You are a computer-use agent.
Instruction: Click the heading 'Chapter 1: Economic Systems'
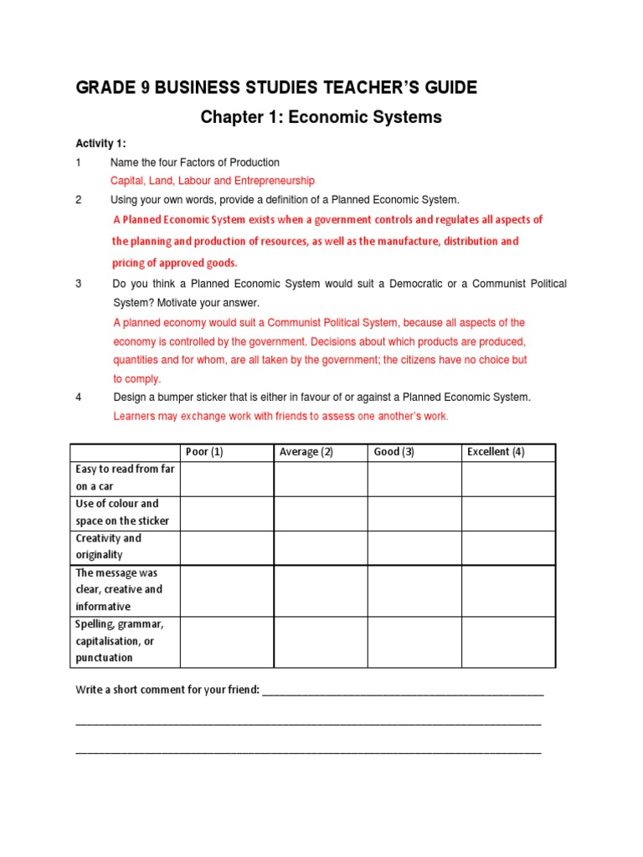pos(321,117)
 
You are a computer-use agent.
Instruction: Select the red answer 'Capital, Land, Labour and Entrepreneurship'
pos(213,180)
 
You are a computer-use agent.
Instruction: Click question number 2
pos(79,200)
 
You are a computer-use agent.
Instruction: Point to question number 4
pos(79,398)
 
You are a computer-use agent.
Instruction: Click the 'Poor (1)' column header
pos(204,452)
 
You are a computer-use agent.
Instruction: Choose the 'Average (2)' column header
pos(306,452)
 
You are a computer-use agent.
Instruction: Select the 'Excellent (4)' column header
pos(496,452)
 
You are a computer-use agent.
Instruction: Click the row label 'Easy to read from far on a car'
pos(125,478)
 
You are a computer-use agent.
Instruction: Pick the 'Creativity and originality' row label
pos(109,547)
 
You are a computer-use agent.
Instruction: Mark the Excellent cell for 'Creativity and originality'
pos(507,547)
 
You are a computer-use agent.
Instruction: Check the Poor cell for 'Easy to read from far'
pos(227,479)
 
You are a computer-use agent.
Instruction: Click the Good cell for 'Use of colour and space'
pos(414,513)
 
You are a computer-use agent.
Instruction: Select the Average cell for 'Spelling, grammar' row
pos(320,642)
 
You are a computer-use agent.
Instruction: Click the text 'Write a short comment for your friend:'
pos(168,690)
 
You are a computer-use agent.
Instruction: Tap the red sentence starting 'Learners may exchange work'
pos(280,416)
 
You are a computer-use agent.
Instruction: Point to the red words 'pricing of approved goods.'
pos(175,263)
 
